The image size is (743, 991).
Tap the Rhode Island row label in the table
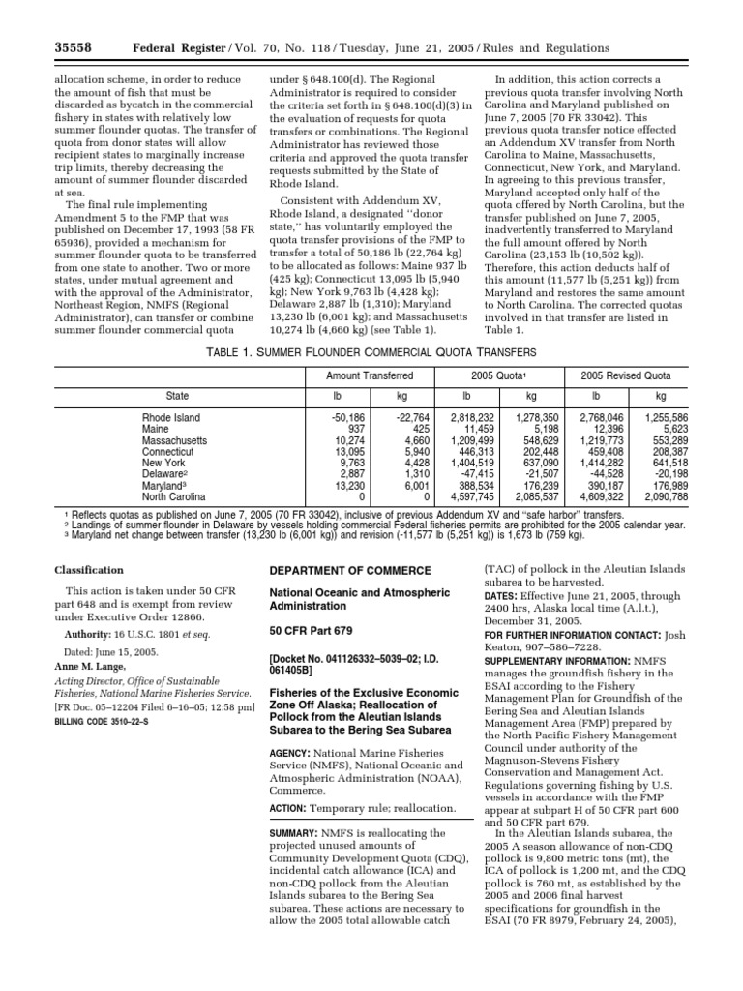click(x=172, y=418)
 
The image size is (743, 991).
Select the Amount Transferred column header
click(x=370, y=375)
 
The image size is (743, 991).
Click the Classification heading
click(x=88, y=571)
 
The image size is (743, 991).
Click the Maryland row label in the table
click(x=165, y=486)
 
